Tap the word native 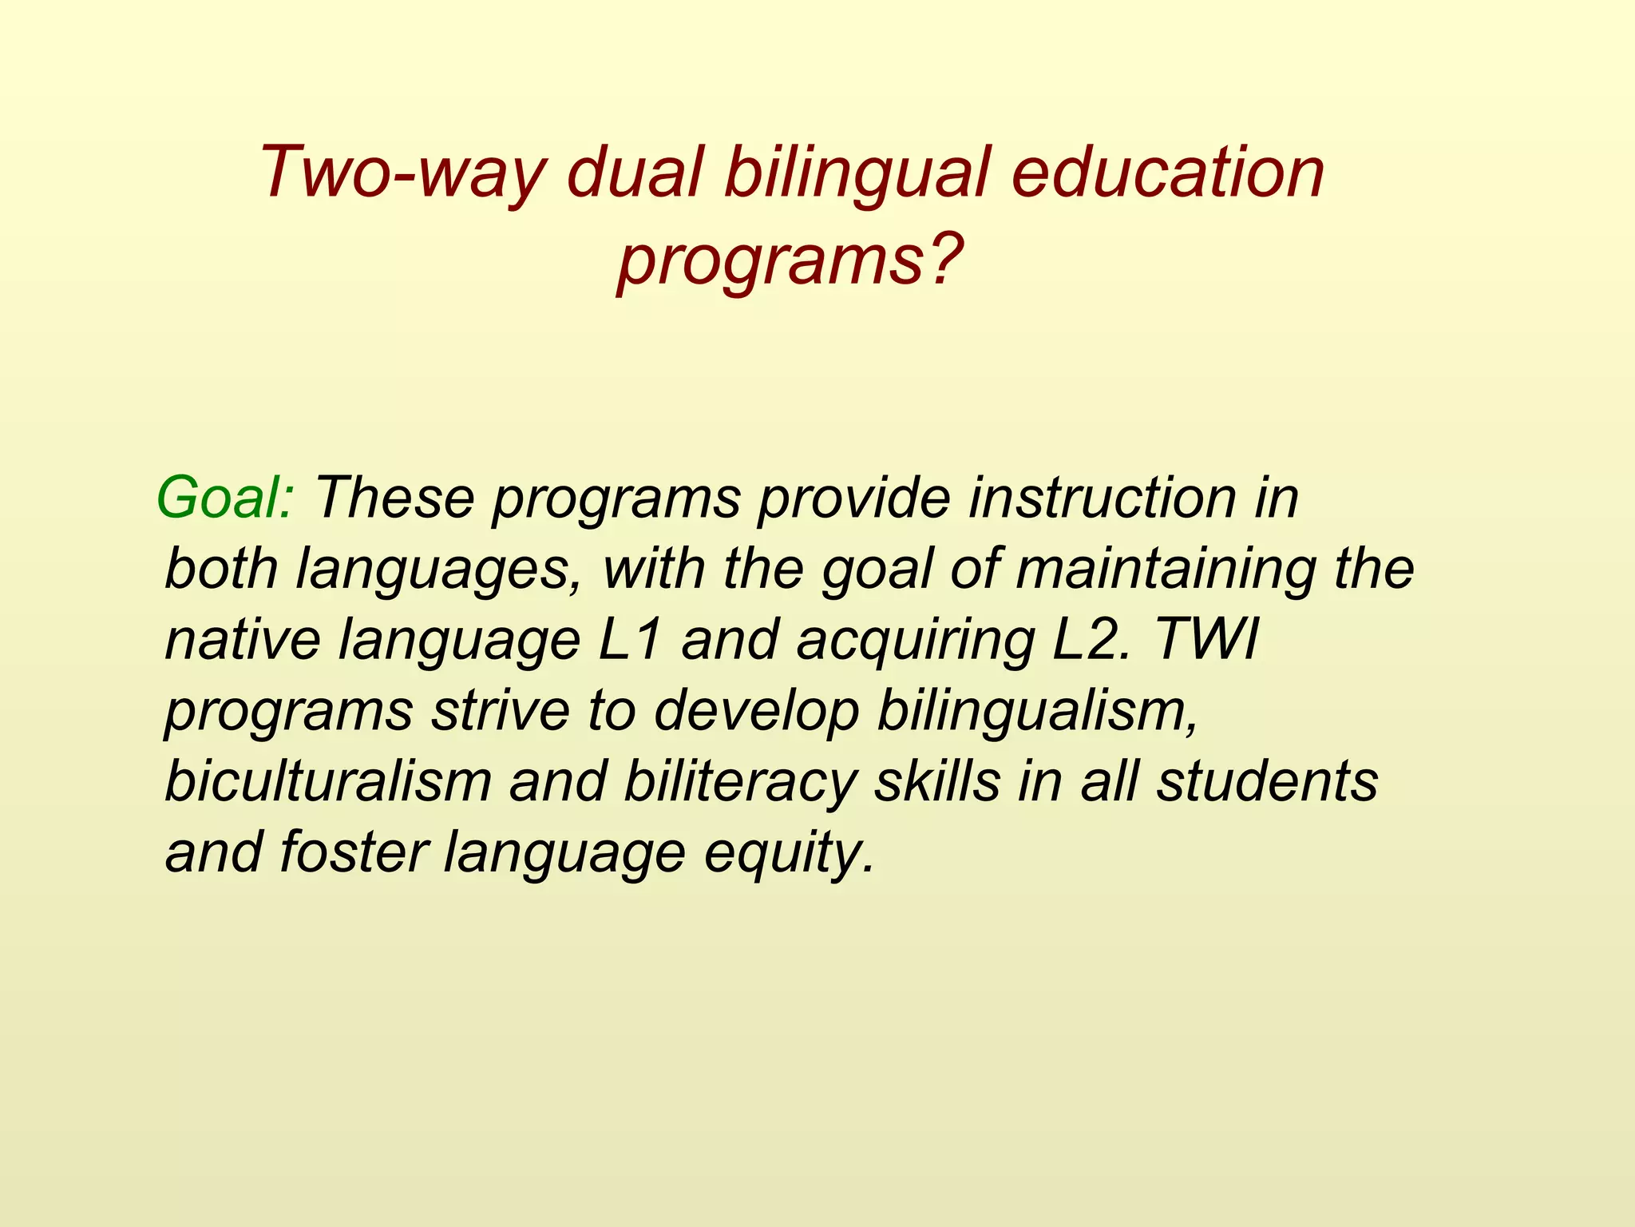click(242, 641)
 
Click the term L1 click(631, 641)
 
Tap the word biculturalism click(328, 781)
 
